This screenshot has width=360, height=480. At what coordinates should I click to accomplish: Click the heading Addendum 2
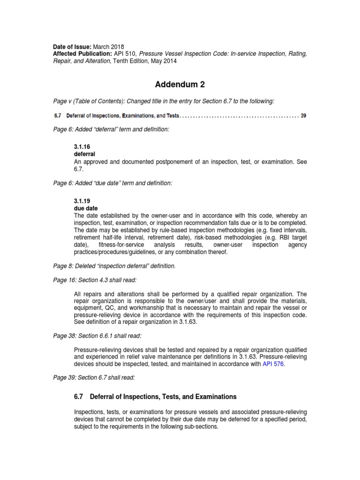tap(180, 85)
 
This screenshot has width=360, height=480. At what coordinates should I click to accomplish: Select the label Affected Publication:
tap(82, 54)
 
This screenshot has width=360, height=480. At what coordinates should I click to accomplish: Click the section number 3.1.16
tap(82, 146)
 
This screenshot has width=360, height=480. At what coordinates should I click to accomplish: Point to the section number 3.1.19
tap(82, 200)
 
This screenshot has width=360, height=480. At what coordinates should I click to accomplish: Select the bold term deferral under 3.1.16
tap(84, 153)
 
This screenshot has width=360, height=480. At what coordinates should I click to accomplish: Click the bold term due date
tap(86, 207)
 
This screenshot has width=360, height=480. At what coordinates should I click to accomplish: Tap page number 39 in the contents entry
tap(303, 116)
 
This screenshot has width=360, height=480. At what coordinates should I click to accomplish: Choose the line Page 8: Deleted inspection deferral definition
tap(114, 266)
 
